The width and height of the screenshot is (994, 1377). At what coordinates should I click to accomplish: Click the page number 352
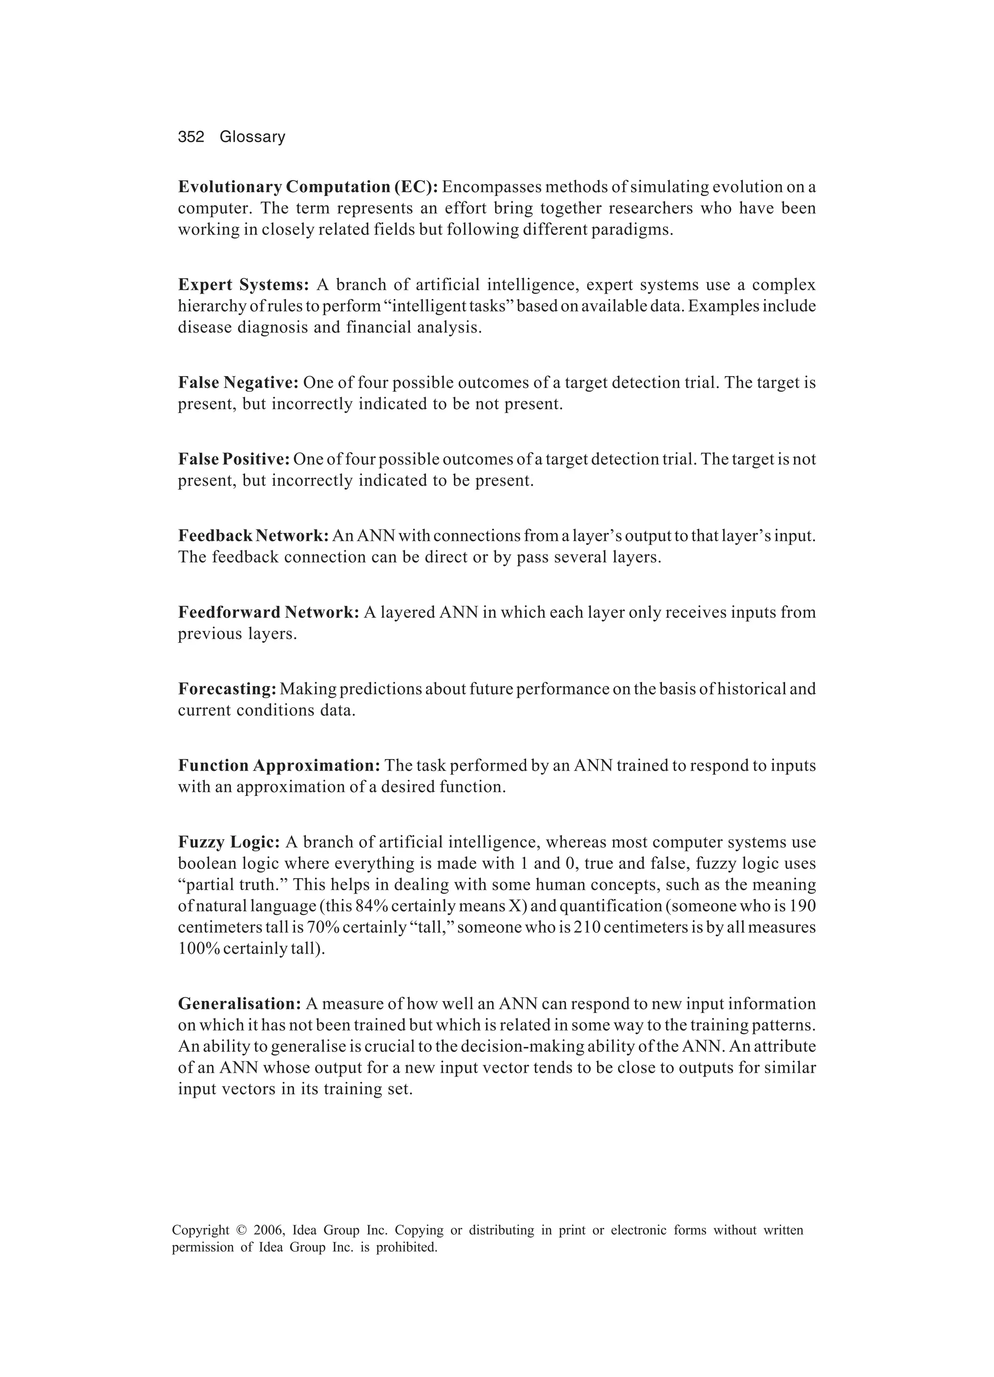pyautogui.click(x=191, y=137)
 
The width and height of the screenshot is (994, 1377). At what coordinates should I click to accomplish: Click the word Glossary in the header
pyautogui.click(x=252, y=137)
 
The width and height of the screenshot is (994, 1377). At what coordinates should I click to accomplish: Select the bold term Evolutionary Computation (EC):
pyautogui.click(x=308, y=187)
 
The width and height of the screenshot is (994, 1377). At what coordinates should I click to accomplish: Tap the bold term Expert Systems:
pyautogui.click(x=244, y=285)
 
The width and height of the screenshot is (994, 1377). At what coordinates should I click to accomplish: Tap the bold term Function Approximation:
pyautogui.click(x=279, y=765)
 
